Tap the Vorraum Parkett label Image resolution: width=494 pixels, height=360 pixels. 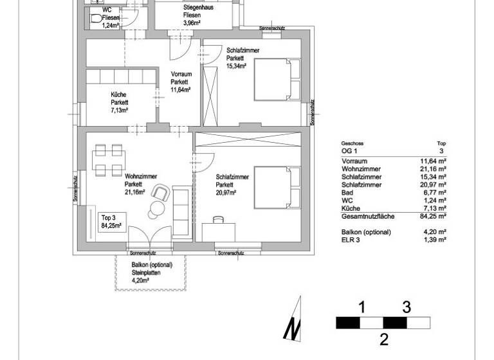tap(179, 82)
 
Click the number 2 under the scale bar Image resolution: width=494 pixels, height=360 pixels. tap(384, 339)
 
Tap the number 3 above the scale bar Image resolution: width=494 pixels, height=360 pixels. tap(407, 307)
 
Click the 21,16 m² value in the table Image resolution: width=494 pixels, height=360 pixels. tap(433, 168)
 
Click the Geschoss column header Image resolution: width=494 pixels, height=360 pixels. tap(353, 144)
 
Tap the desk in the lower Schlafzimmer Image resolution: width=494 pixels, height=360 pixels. tap(219, 230)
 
